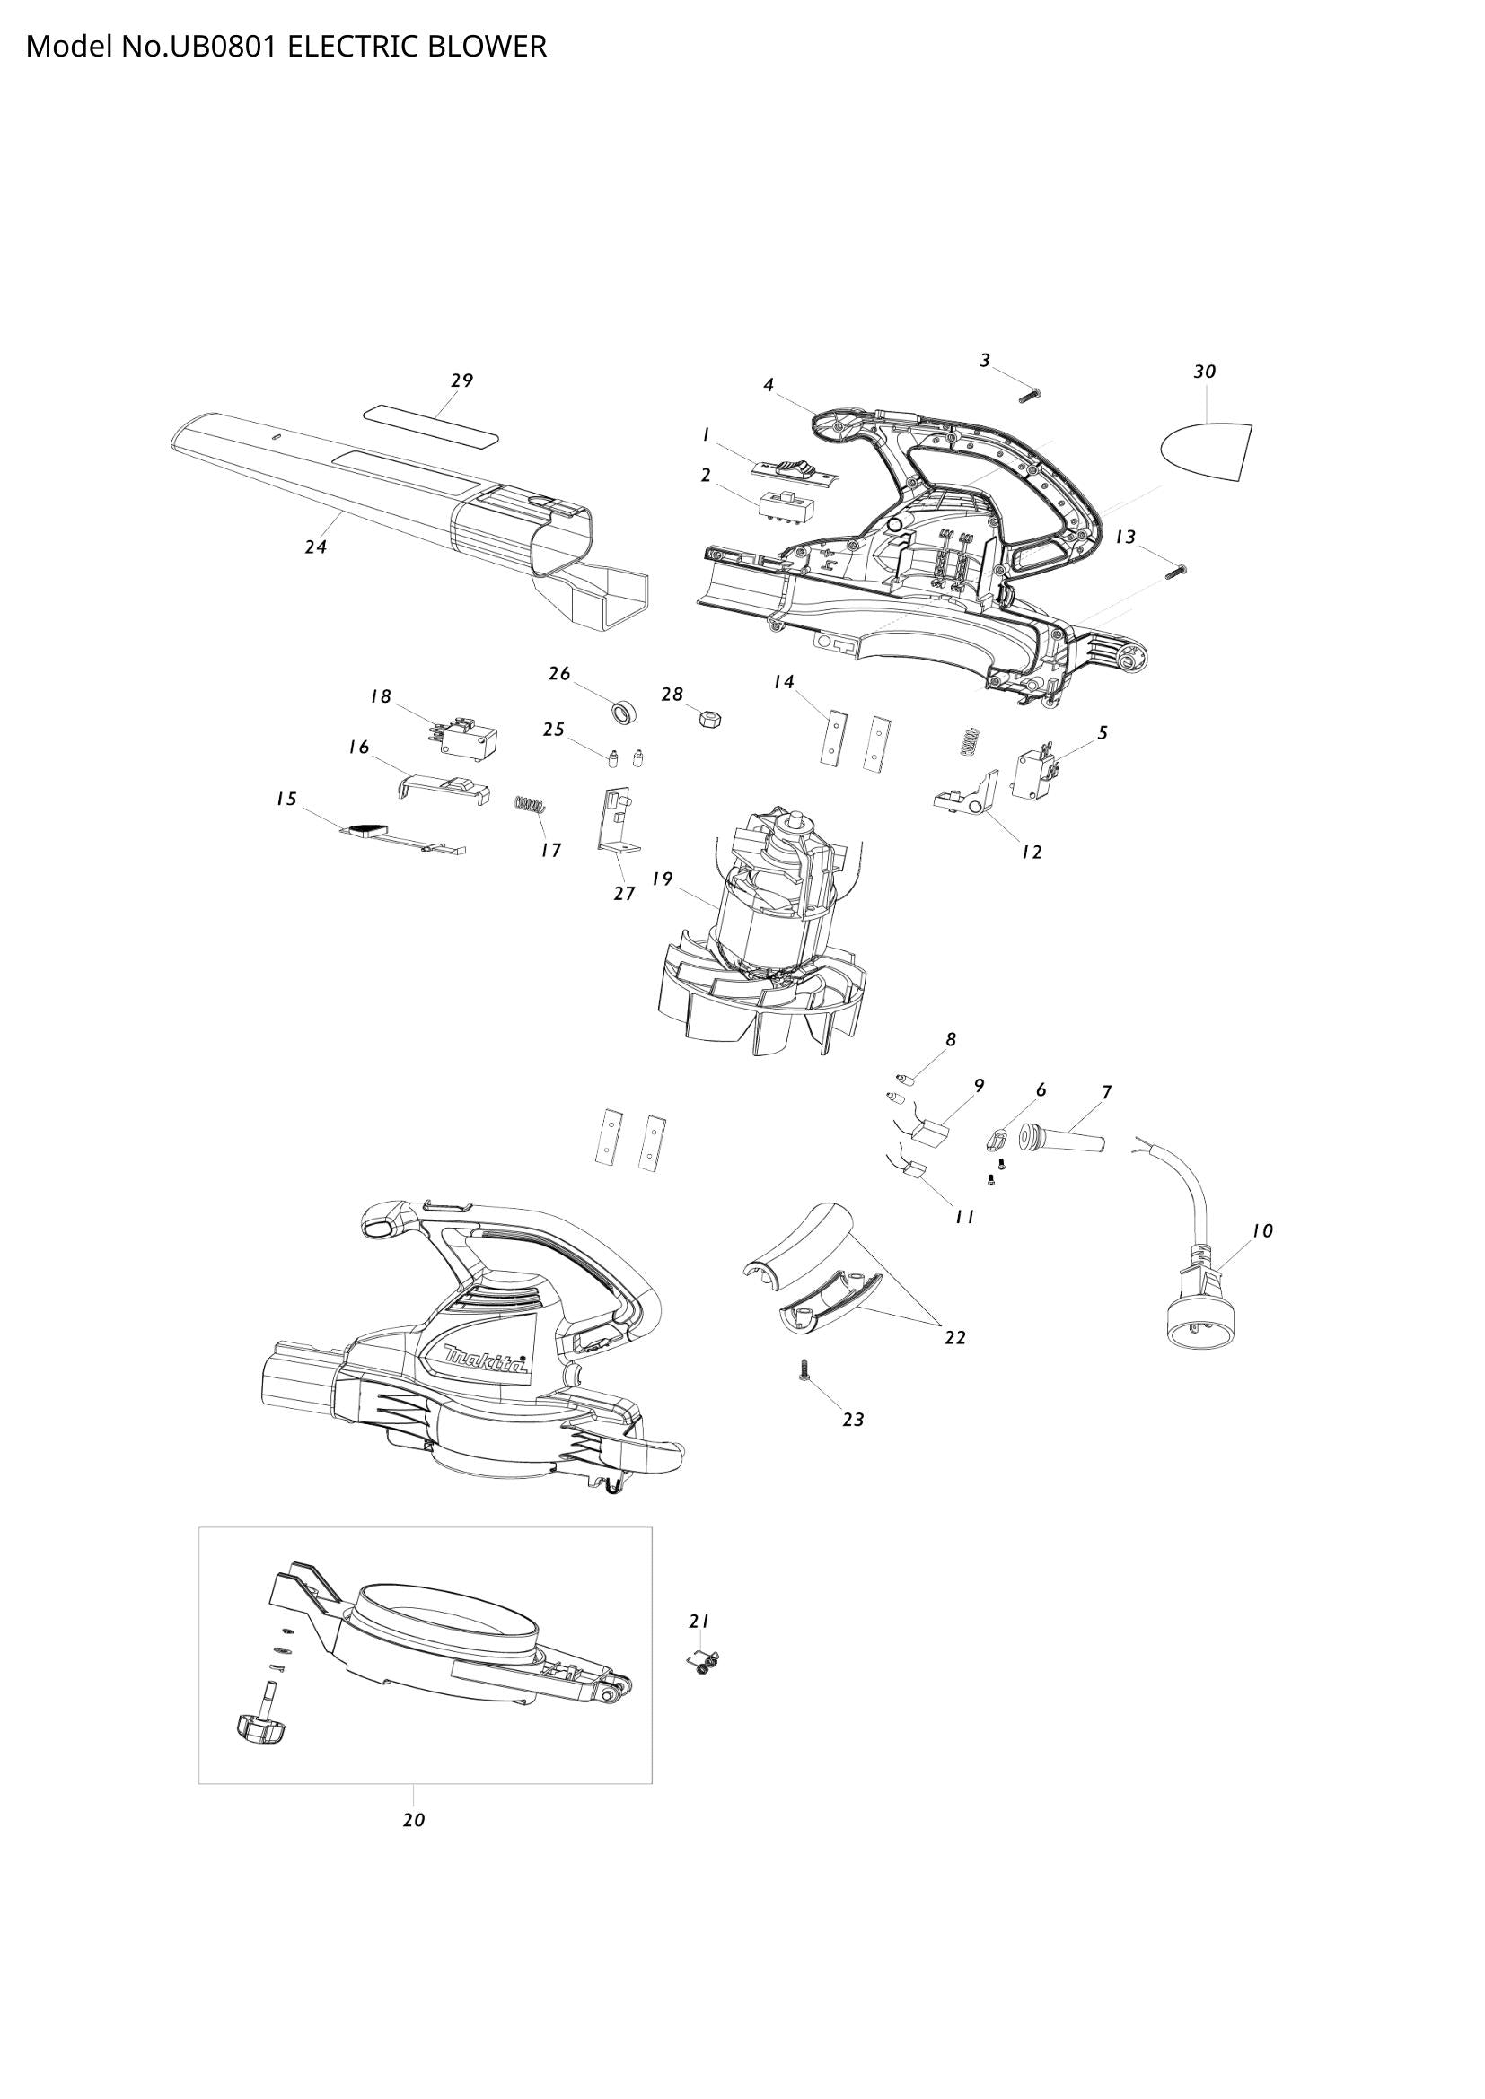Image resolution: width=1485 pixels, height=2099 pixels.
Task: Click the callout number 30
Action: pyautogui.click(x=1204, y=372)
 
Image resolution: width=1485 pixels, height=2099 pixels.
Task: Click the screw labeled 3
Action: pyautogui.click(x=1032, y=396)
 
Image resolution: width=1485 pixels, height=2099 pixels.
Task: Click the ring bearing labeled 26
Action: pyautogui.click(x=623, y=712)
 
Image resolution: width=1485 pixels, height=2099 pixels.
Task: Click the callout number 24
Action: pyautogui.click(x=315, y=547)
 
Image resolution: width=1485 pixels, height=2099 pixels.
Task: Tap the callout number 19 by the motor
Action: pyautogui.click(x=662, y=879)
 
